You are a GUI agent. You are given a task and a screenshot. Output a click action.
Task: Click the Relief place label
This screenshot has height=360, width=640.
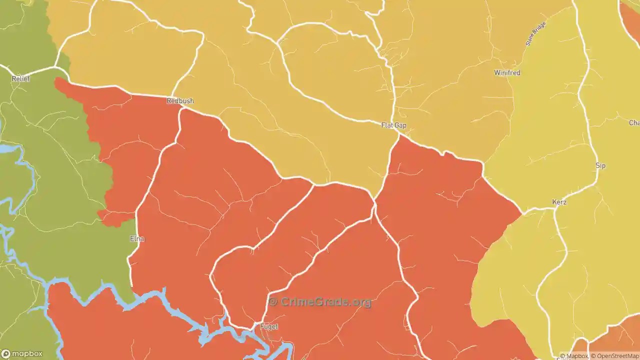click(21, 79)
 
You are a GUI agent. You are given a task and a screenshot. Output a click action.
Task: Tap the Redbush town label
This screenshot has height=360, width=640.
click(180, 101)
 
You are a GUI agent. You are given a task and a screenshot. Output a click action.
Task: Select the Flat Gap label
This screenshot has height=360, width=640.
click(393, 125)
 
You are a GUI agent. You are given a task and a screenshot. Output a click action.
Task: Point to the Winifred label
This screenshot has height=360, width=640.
click(507, 73)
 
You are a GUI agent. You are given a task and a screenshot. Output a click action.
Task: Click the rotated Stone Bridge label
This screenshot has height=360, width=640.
click(535, 33)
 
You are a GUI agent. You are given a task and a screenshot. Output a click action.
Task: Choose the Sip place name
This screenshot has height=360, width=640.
click(600, 165)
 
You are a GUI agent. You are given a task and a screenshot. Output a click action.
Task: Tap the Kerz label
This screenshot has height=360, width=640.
click(559, 202)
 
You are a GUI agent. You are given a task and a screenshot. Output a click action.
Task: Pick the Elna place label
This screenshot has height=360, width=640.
click(137, 239)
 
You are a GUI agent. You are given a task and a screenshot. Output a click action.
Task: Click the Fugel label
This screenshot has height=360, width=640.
click(269, 326)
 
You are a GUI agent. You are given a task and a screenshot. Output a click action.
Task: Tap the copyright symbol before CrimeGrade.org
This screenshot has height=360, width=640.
click(272, 302)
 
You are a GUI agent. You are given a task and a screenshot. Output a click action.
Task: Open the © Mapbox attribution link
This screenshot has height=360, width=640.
click(574, 356)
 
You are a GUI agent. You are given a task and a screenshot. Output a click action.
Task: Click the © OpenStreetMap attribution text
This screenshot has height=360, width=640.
click(614, 356)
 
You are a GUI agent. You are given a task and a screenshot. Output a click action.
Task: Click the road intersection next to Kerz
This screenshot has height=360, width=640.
click(554, 209)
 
